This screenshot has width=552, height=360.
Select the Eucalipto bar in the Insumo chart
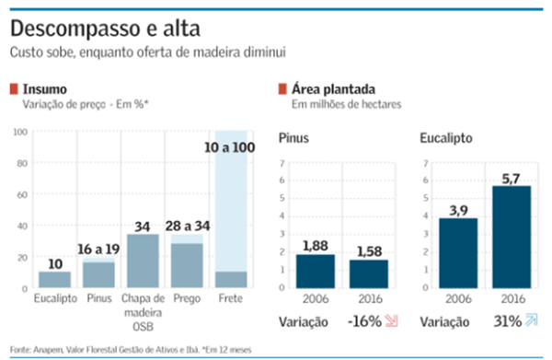[x=54, y=279]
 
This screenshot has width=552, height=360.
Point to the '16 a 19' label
[x=98, y=249]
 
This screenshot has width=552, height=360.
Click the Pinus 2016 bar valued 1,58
[x=370, y=273]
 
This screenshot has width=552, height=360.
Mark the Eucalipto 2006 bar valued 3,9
[x=457, y=252]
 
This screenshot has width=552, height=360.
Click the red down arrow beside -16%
[x=392, y=322]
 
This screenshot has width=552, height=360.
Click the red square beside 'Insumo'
[x=14, y=89]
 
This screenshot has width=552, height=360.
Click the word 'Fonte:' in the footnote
[x=19, y=349]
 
